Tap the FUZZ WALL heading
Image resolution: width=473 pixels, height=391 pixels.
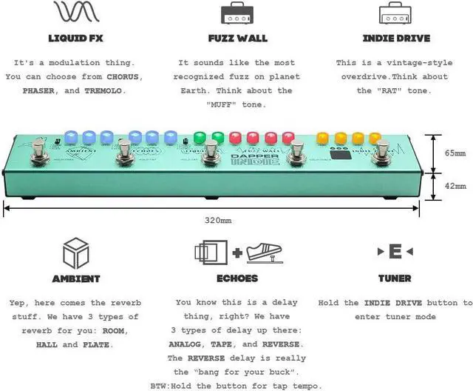pyautogui.click(x=237, y=38)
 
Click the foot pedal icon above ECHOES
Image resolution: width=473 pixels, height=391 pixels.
pyautogui.click(x=268, y=252)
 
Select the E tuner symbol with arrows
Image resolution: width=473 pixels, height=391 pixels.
pyautogui.click(x=395, y=253)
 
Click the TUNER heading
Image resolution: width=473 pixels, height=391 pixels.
pyautogui.click(x=395, y=278)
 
